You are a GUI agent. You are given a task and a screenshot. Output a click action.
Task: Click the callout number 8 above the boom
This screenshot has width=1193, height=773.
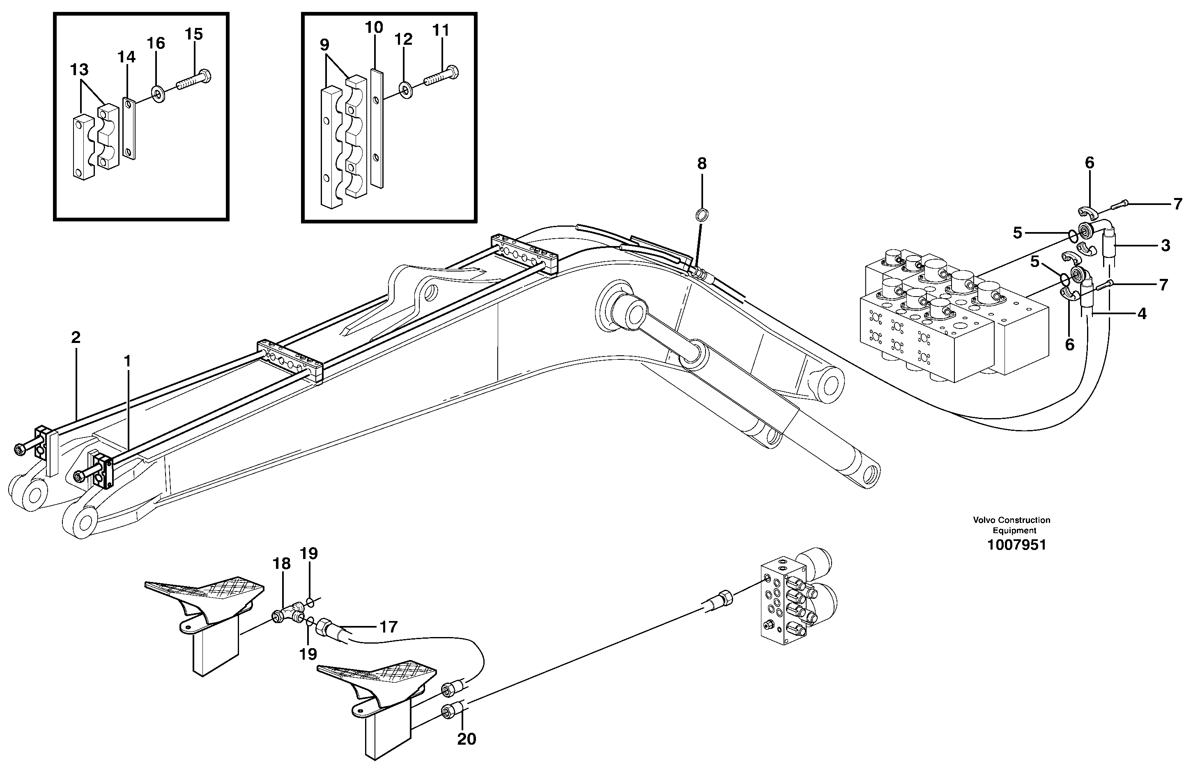(x=701, y=163)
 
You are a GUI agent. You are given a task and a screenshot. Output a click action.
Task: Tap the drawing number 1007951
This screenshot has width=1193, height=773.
(x=1016, y=545)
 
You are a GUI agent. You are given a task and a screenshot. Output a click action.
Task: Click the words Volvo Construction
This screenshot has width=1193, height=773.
(x=1011, y=520)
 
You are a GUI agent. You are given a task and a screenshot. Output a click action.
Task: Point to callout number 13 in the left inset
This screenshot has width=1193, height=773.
(x=79, y=70)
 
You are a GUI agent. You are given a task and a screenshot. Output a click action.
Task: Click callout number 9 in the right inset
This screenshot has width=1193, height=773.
(x=324, y=45)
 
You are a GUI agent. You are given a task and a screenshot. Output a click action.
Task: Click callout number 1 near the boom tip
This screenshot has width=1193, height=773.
(x=127, y=361)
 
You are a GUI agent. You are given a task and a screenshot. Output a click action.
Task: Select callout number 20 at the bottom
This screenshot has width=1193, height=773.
(x=466, y=738)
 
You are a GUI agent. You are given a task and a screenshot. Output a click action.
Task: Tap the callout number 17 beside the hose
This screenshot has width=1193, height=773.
(x=388, y=627)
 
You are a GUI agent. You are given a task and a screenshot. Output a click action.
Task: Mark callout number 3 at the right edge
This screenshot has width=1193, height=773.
(x=1165, y=246)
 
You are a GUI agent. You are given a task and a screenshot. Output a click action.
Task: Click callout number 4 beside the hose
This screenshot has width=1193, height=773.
(x=1142, y=314)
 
